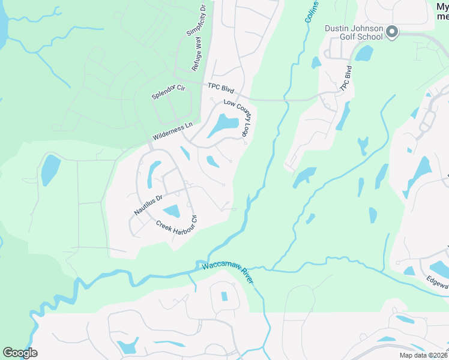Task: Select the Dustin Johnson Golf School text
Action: coord(353,32)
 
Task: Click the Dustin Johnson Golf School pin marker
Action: coord(392,31)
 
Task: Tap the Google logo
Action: coord(20,353)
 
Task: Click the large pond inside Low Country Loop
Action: coord(223,125)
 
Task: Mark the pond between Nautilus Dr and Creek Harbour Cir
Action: coord(172,211)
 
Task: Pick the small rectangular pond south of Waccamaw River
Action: coord(224,296)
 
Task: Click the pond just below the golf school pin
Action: coord(364,53)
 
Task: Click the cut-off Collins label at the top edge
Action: coord(311,11)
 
